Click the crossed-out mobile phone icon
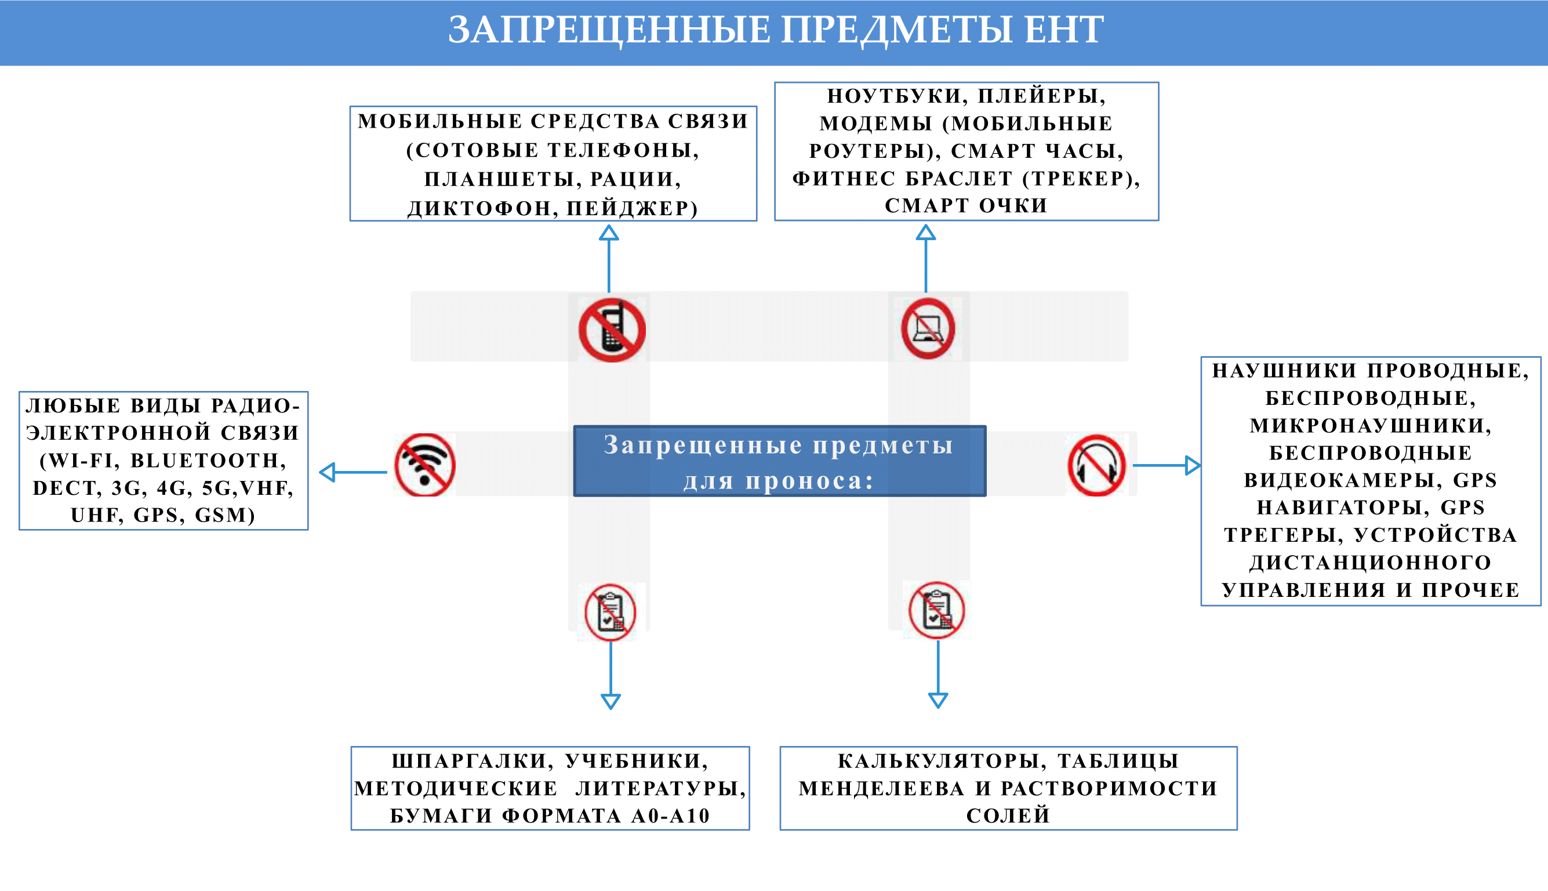tap(612, 331)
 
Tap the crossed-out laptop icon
tap(928, 329)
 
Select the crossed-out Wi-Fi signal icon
tap(425, 465)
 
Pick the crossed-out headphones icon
tap(1096, 466)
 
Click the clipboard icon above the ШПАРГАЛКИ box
tap(611, 613)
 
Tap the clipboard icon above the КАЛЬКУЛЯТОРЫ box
tap(936, 610)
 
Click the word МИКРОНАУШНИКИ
tap(1370, 425)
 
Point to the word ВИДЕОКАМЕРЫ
tap(1339, 480)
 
